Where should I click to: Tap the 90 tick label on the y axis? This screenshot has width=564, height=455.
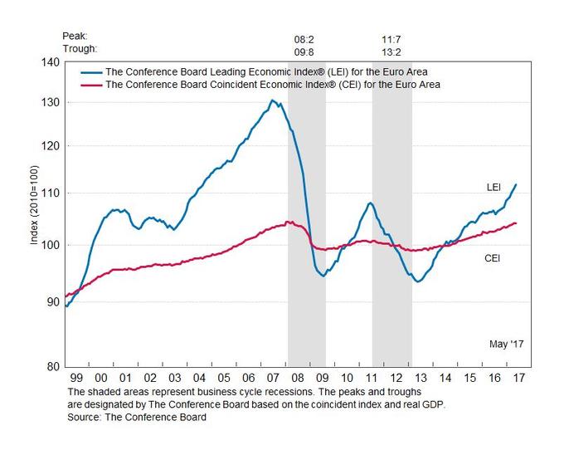[52, 301]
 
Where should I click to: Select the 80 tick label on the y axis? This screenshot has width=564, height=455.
[52, 366]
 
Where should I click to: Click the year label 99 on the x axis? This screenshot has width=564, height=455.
[75, 378]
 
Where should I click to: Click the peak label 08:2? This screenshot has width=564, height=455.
[305, 38]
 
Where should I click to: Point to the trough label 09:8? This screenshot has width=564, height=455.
[305, 51]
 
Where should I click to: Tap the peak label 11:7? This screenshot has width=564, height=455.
[391, 38]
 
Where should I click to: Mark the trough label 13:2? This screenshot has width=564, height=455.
[391, 51]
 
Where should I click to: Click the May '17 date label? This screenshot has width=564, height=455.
[504, 343]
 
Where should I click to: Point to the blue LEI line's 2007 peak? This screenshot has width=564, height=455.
[272, 100]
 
